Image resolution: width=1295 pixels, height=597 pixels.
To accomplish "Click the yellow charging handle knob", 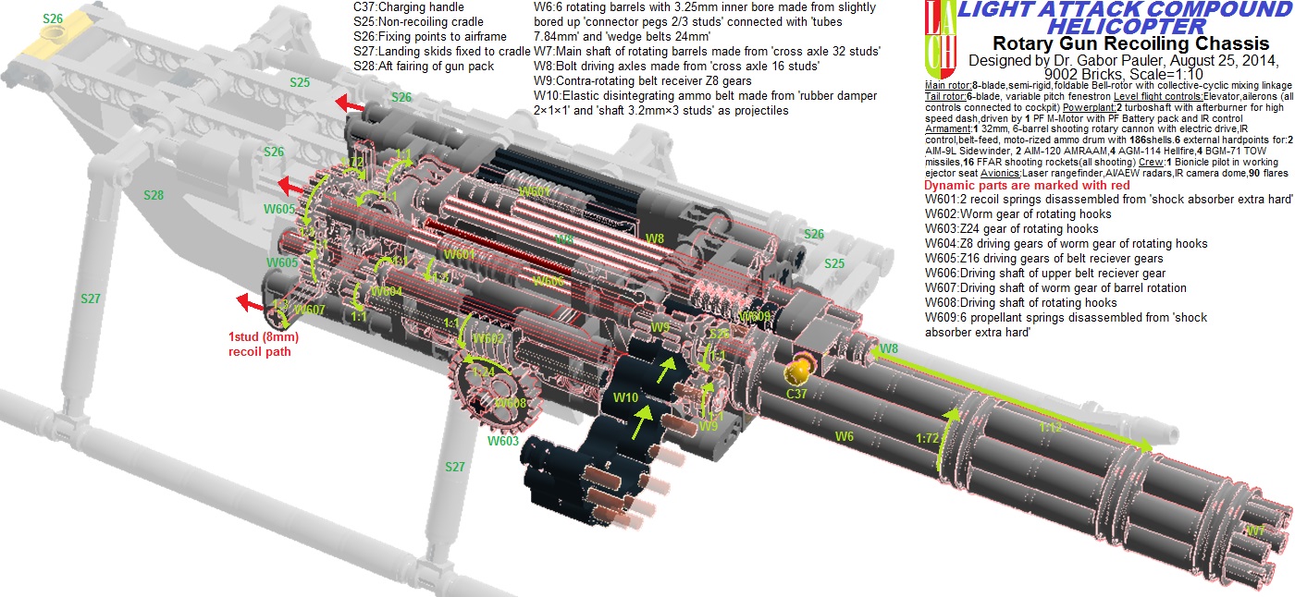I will pos(797,372).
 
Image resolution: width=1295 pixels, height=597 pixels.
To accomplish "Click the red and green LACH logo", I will pos(940,39).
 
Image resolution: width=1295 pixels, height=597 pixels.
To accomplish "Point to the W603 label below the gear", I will pos(503,441).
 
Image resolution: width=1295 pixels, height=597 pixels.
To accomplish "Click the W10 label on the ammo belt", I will pos(626,396).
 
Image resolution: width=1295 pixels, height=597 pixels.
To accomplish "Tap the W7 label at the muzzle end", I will pos(1254,530).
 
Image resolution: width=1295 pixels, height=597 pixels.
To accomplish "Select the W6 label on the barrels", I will pos(844,435).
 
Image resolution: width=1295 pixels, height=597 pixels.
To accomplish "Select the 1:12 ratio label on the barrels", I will pos(1050,427).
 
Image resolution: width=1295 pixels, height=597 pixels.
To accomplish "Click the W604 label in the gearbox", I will pos(387,291).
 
